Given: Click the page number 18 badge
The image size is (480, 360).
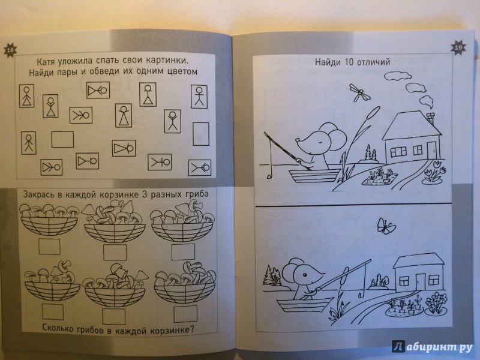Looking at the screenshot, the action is pyautogui.click(x=10, y=50).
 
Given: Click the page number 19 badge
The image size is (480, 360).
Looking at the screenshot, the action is pyautogui.click(x=458, y=48).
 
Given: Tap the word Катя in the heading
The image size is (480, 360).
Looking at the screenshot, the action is pyautogui.click(x=46, y=62).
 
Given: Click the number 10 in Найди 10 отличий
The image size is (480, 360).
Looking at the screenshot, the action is pyautogui.click(x=349, y=62).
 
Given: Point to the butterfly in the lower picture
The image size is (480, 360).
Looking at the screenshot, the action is pyautogui.click(x=386, y=226).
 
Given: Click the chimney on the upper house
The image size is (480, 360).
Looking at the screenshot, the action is pyautogui.click(x=431, y=118).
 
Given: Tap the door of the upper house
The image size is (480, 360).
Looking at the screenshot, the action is pyautogui.click(x=431, y=150).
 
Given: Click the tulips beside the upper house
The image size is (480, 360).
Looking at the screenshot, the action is pyautogui.click(x=434, y=174).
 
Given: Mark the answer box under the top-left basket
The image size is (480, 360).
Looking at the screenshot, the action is pyautogui.click(x=49, y=247).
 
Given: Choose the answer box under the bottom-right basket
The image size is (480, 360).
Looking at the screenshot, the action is pyautogui.click(x=185, y=313).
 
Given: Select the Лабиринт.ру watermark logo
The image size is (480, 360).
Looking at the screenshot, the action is pyautogui.click(x=434, y=347).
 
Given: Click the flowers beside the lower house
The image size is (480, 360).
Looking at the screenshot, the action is pyautogui.click(x=436, y=303).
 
